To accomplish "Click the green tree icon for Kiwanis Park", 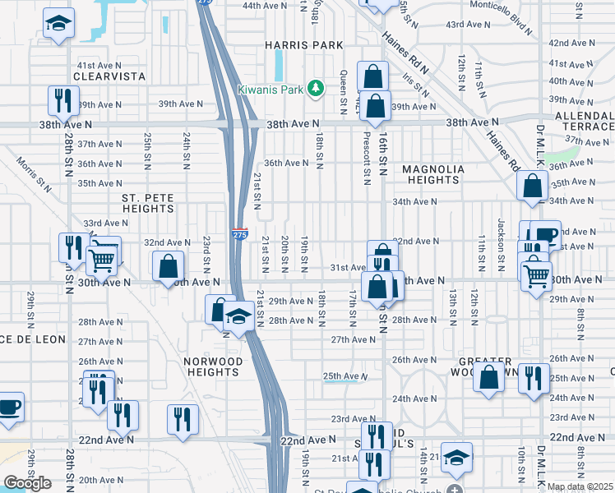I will [x=315, y=88].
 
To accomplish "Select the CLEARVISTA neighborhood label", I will [x=109, y=76].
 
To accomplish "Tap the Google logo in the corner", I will [x=27, y=482].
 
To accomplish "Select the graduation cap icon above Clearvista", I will [x=58, y=24].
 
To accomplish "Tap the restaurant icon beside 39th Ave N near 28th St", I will [x=62, y=101].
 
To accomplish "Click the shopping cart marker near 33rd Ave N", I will [x=102, y=259].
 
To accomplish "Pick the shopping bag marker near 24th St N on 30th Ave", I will [x=168, y=266].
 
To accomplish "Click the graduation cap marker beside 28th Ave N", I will [x=238, y=316].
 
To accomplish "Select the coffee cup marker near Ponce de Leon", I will [x=8, y=408].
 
